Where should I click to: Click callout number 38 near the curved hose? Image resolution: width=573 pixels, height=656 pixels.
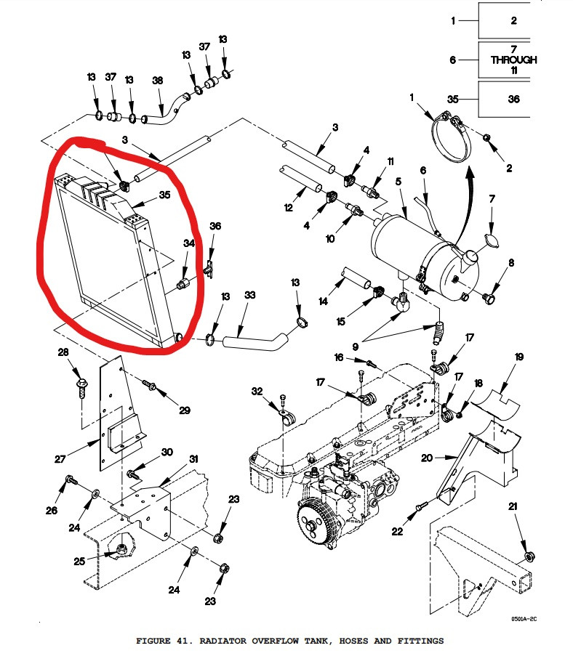[x=157, y=81]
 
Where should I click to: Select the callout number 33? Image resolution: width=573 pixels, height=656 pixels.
[x=250, y=296]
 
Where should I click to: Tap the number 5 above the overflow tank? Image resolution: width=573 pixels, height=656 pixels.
[x=398, y=181]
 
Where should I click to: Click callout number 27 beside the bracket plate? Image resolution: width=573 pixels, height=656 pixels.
[x=60, y=458]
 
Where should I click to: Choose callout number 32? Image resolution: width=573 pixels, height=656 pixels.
[x=257, y=392]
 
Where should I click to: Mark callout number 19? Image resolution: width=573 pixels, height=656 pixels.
[x=519, y=357]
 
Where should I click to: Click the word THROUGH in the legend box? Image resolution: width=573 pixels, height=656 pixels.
[x=513, y=60]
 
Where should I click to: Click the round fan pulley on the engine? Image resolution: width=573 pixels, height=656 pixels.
[x=316, y=522]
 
